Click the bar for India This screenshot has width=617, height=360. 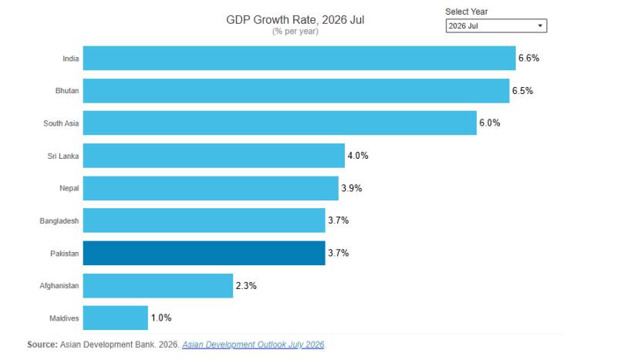tap(299, 59)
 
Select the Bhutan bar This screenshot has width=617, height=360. tap(296, 91)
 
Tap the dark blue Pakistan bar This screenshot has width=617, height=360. tap(204, 253)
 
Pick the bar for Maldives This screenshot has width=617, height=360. tap(115, 318)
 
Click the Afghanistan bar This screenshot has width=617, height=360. tap(158, 286)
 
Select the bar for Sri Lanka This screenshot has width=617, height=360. tap(214, 156)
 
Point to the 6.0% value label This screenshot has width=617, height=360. tap(490, 123)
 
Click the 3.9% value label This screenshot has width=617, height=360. tap(352, 188)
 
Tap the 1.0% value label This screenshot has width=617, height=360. tap(161, 318)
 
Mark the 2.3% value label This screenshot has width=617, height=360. tap(246, 286)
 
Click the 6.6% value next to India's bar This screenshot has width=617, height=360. tap(528, 59)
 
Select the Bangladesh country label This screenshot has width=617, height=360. tap(59, 221)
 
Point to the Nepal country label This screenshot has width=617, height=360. tap(69, 188)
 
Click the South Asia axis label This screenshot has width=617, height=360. tap(61, 123)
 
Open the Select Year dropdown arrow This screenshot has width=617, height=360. tap(541, 26)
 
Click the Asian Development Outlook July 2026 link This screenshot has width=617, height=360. tap(253, 345)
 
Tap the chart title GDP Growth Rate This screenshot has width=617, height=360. tap(295, 20)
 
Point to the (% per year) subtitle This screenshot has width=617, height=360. tap(295, 32)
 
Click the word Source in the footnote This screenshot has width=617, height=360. tap(42, 345)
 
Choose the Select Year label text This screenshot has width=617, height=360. tap(467, 12)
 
